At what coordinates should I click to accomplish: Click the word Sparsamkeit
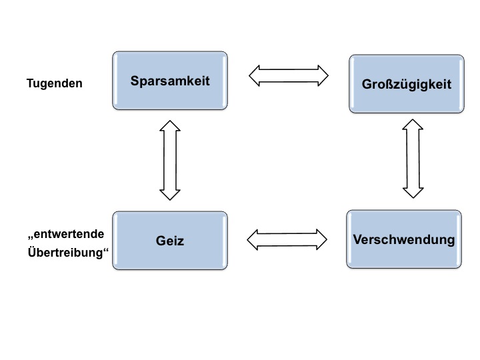[170, 81]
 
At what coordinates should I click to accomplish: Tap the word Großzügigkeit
[407, 85]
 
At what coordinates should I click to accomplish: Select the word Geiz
[170, 241]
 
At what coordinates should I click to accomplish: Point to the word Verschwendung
[404, 239]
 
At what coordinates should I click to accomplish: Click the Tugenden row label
[55, 83]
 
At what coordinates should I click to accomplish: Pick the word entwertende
[69, 234]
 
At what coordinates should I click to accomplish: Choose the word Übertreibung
[65, 252]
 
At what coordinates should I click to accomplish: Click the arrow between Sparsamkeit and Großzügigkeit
[289, 75]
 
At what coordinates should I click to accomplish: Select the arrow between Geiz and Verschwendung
[287, 240]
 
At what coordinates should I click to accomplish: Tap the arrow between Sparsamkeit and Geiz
[170, 160]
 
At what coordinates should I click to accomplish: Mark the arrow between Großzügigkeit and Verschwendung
[413, 159]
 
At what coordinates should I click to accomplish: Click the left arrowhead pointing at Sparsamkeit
[254, 75]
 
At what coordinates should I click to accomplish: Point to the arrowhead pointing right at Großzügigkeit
[323, 75]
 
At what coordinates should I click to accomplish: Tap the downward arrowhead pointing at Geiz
[170, 195]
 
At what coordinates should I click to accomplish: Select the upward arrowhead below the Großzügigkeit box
[413, 124]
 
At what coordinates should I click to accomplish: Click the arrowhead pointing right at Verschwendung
[322, 240]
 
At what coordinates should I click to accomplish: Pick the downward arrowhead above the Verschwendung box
[413, 193]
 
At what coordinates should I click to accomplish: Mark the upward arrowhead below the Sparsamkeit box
[170, 125]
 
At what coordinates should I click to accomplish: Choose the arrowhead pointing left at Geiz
[252, 240]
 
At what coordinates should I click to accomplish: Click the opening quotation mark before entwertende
[30, 237]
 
